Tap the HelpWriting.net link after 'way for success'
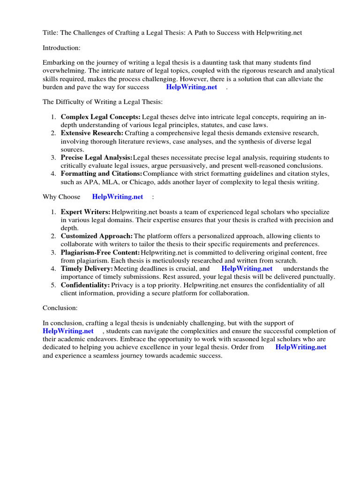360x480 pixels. pyautogui.click(x=191, y=87)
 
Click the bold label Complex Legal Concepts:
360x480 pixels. pyautogui.click(x=100, y=117)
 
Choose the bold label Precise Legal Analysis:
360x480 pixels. pyautogui.click(x=97, y=157)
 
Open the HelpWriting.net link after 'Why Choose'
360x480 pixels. pyautogui.click(x=117, y=197)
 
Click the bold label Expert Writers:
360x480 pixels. pyautogui.click(x=86, y=212)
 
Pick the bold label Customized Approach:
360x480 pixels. pyautogui.click(x=97, y=236)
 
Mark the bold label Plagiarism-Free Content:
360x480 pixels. pyautogui.click(x=100, y=253)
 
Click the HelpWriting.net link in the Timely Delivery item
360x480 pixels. pyautogui.click(x=247, y=269)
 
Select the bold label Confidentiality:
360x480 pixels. pyautogui.click(x=85, y=285)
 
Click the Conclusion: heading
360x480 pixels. pyautogui.click(x=60, y=308)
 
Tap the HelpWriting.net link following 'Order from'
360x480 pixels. pyautogui.click(x=300, y=347)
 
